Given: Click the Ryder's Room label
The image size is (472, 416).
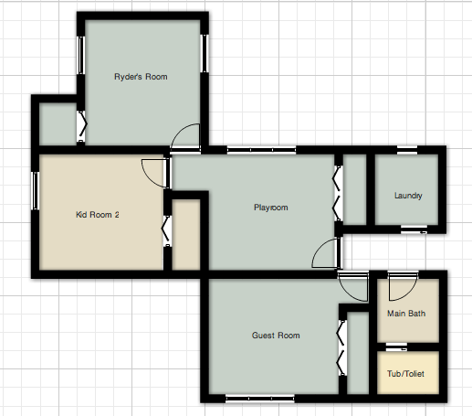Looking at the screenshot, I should coord(141,77).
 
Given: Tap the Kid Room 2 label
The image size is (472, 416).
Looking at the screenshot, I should coord(97,216).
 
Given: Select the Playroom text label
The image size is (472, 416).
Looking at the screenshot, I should coord(270,208).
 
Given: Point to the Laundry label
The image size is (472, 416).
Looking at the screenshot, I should coord(408,196).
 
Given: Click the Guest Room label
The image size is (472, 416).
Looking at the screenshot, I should coord(276,336).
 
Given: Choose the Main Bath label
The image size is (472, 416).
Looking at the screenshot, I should coord(406,314).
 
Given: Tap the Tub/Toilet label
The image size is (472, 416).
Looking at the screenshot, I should coord(406,374).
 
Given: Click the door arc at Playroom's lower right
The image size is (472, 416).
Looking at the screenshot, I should coord(324,254).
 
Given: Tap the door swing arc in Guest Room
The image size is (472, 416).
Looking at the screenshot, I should coord(350,288).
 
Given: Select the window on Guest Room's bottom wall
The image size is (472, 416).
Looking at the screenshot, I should coord(261,397).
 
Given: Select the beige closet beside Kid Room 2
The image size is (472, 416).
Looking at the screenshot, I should coord(185,235).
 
